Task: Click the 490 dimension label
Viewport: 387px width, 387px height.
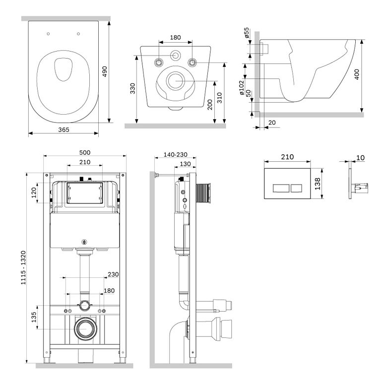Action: [x=105, y=71]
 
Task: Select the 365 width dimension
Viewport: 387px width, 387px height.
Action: [x=64, y=130]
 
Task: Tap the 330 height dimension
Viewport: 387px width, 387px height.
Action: [x=132, y=89]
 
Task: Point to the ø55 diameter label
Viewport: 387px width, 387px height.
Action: [x=247, y=33]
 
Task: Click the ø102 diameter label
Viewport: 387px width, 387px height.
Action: [x=242, y=88]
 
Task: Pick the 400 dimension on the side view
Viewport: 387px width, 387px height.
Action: [x=357, y=74]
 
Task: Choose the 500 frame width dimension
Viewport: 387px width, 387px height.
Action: [x=85, y=152]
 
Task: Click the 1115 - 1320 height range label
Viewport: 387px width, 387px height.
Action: [x=23, y=268]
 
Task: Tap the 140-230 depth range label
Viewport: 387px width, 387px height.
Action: [x=176, y=154]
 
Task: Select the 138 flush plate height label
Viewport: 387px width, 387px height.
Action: [x=318, y=184]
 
